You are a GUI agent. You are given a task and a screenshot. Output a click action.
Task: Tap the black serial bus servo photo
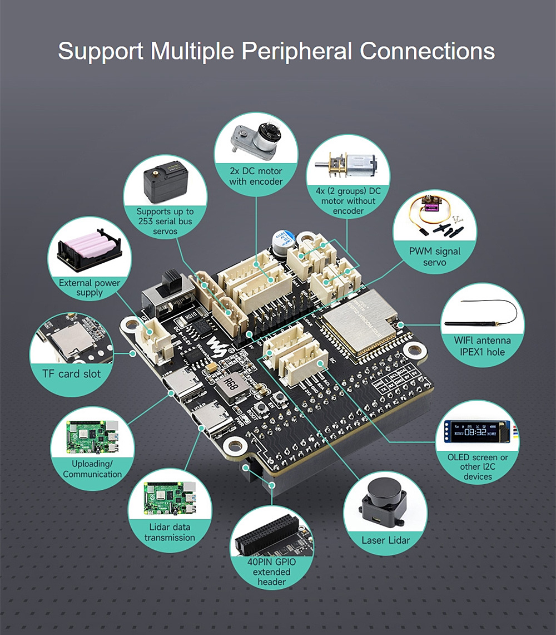point(165,182)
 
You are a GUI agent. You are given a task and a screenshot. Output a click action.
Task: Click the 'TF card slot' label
point(72,373)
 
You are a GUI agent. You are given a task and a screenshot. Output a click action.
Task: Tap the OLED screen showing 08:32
point(477,431)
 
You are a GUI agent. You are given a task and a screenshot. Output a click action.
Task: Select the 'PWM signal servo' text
point(435,257)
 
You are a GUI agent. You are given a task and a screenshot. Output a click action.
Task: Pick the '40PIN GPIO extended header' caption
point(272,572)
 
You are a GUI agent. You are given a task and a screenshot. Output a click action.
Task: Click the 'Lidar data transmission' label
point(170,532)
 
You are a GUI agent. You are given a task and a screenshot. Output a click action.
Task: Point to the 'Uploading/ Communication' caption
point(92,469)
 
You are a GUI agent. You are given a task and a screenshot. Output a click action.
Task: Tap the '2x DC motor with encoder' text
point(256,176)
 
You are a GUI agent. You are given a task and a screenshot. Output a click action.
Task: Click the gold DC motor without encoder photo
point(348,165)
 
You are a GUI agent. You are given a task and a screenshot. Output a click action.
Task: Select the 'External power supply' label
point(90,287)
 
